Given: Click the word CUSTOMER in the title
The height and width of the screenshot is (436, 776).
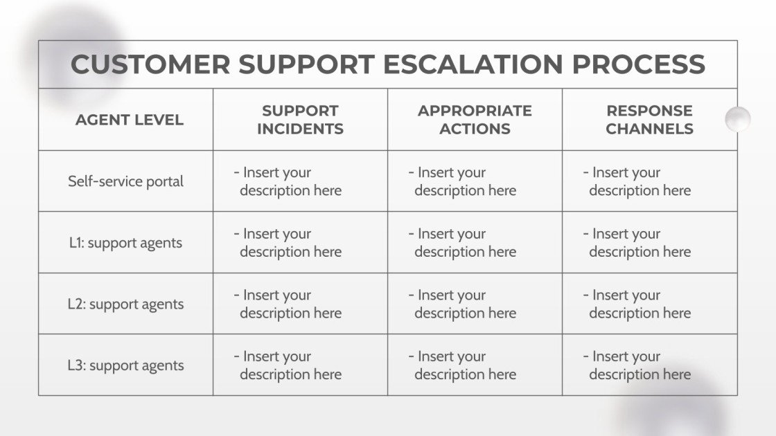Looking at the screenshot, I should tap(150, 64).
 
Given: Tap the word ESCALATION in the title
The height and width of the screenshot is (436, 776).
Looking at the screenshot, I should tap(473, 64).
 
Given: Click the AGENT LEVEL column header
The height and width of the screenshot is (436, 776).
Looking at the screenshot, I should tap(130, 120).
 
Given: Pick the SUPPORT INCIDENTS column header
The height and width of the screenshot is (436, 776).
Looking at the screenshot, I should tap(300, 120).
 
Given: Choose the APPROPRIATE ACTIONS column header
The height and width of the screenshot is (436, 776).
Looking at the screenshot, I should tap(475, 120).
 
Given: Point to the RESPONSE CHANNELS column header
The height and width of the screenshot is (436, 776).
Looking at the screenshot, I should tap(649, 120).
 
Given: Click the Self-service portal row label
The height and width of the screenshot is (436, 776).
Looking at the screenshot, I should tap(125, 181).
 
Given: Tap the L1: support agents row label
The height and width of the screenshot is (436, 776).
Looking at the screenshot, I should tap(125, 243).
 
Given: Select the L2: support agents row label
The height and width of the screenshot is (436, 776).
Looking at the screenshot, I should tap(125, 305).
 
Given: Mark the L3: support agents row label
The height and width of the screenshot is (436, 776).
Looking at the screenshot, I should tap(125, 365).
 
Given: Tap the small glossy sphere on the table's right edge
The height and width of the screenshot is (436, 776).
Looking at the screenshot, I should tap(738, 119).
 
